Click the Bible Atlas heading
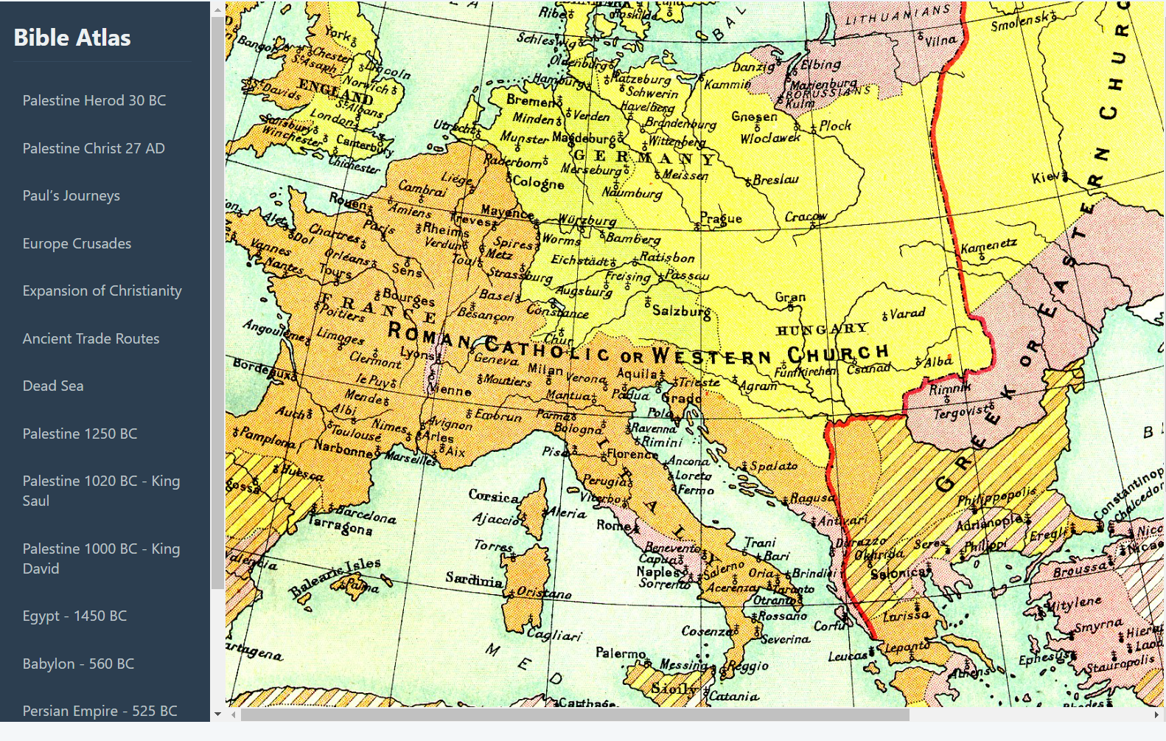click(72, 38)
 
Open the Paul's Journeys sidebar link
click(71, 195)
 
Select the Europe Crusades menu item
click(77, 243)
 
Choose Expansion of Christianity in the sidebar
click(102, 291)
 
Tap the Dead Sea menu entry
click(52, 386)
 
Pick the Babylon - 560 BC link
click(78, 664)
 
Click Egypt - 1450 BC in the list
click(74, 616)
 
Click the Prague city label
click(721, 218)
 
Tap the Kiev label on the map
click(1046, 178)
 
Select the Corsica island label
click(493, 496)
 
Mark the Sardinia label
click(473, 580)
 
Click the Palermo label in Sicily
click(621, 653)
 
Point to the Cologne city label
click(538, 182)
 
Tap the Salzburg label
click(681, 311)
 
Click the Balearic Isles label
click(335, 577)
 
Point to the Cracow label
click(805, 217)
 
